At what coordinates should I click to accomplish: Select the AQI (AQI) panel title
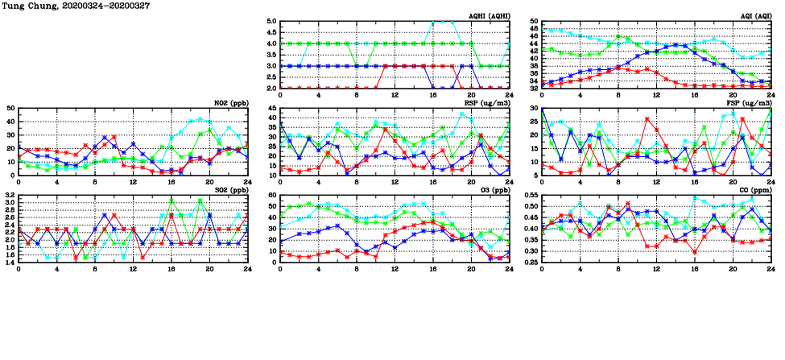[755, 16]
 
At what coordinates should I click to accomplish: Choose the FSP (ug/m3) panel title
[750, 103]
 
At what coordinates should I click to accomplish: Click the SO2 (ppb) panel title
[229, 190]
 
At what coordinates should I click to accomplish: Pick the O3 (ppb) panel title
[493, 190]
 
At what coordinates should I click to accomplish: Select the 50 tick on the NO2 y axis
[10, 108]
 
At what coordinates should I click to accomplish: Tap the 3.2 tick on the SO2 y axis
[9, 196]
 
